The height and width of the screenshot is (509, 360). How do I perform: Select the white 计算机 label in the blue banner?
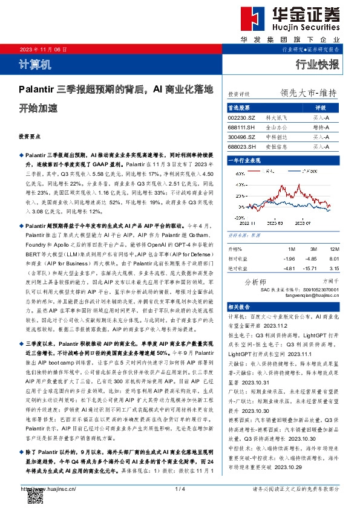coord(31,64)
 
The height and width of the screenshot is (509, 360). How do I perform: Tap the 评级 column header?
coord(321,107)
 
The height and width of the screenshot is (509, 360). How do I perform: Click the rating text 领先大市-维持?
coord(308,93)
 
